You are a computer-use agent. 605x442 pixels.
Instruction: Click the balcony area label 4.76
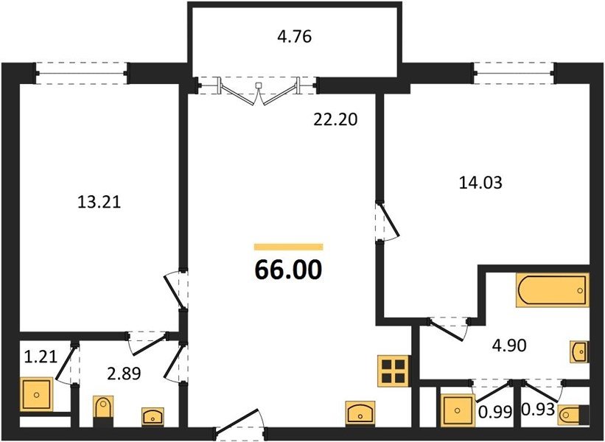(x=295, y=37)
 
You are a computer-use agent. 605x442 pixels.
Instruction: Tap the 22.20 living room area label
(x=335, y=119)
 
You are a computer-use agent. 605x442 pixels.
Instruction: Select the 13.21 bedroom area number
(x=99, y=202)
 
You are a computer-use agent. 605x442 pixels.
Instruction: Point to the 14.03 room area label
(x=480, y=183)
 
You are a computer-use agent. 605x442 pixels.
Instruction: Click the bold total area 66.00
(x=288, y=270)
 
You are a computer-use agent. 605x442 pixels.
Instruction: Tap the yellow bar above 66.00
(x=288, y=247)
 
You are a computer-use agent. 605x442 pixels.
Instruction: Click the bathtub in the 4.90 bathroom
(x=553, y=290)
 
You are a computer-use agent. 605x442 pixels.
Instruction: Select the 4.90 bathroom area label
(x=509, y=345)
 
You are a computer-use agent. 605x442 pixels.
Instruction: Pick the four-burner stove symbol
(x=394, y=371)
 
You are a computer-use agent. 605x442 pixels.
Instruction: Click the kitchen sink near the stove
(x=361, y=413)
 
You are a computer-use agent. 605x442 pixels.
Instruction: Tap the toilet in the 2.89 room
(x=103, y=411)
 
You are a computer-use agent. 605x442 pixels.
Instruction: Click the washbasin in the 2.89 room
(x=153, y=416)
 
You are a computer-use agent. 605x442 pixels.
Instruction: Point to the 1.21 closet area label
(x=41, y=357)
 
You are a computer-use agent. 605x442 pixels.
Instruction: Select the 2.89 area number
(x=124, y=373)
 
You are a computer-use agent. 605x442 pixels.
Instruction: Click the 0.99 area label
(x=495, y=412)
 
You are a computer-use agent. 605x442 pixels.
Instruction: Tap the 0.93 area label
(x=538, y=410)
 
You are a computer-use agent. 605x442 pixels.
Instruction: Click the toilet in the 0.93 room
(x=574, y=415)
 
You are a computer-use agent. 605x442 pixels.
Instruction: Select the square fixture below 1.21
(x=37, y=394)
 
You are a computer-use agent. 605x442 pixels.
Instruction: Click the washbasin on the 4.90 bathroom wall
(x=579, y=351)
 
